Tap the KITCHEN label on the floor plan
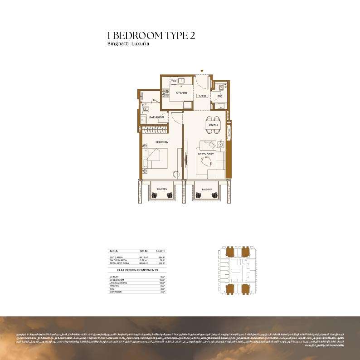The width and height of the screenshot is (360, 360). point(181,92)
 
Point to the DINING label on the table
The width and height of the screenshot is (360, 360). point(214,125)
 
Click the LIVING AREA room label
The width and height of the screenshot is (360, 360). point(205,154)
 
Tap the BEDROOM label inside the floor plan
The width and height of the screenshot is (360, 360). point(162,142)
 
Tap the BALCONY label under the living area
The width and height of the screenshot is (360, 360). point(206,188)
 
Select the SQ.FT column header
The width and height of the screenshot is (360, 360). point(160,250)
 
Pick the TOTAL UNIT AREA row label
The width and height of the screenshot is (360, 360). point(120,263)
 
